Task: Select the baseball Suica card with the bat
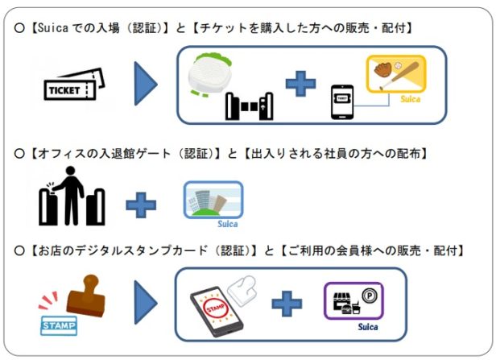point(395,79)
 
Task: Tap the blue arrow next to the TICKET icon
point(147,84)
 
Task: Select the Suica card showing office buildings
point(212,202)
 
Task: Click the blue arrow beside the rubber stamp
point(146,304)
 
